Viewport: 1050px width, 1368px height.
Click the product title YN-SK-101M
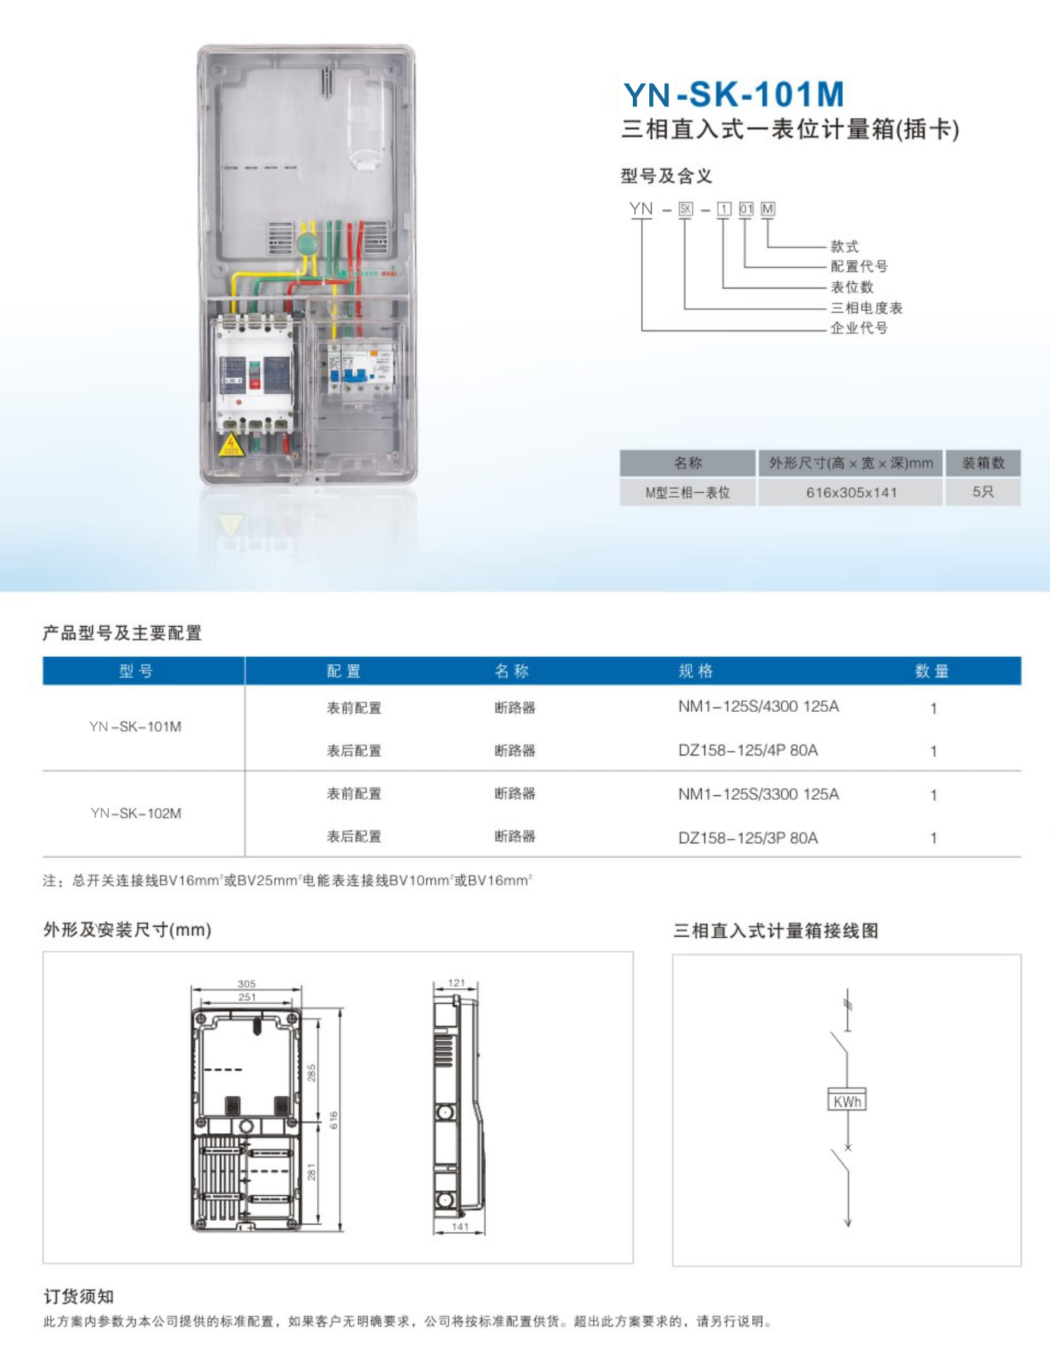[734, 94]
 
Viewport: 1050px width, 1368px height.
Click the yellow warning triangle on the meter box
[231, 446]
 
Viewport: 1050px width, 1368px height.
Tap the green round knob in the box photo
[307, 243]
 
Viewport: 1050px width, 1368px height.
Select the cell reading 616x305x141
[851, 493]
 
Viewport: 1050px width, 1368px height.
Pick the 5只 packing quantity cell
[983, 492]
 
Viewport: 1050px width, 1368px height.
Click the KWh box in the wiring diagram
[847, 1101]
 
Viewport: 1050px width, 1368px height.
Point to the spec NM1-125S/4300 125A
[759, 707]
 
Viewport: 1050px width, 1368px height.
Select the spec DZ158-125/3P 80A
[748, 838]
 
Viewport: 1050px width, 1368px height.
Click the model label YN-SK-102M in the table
[136, 813]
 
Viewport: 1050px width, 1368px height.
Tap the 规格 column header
[696, 671]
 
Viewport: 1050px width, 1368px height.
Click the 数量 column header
[932, 671]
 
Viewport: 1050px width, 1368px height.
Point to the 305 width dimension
[246, 984]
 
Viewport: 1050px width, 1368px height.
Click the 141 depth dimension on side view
[460, 1227]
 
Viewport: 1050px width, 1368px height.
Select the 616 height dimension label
[334, 1120]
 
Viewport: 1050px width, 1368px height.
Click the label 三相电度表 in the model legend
[866, 308]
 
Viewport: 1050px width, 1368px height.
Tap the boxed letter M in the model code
[768, 209]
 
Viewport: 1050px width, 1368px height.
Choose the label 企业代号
[859, 328]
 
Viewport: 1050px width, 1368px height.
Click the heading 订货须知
[79, 1297]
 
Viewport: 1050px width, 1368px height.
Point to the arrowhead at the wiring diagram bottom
[848, 1223]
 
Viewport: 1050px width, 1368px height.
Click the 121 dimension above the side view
[456, 983]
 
